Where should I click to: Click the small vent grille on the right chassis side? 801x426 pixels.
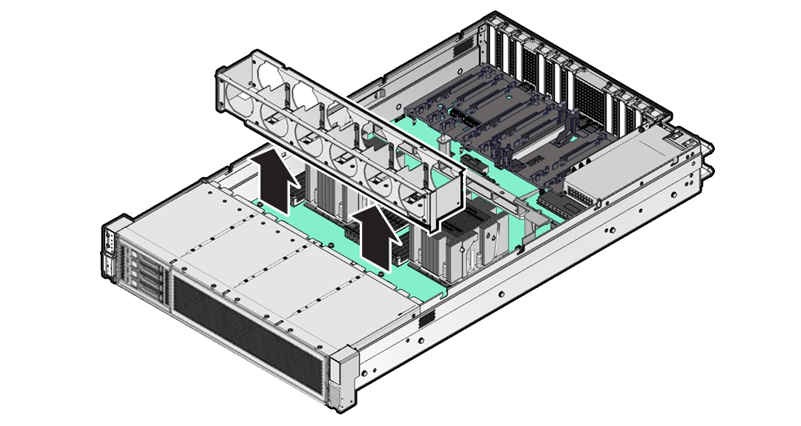426,319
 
